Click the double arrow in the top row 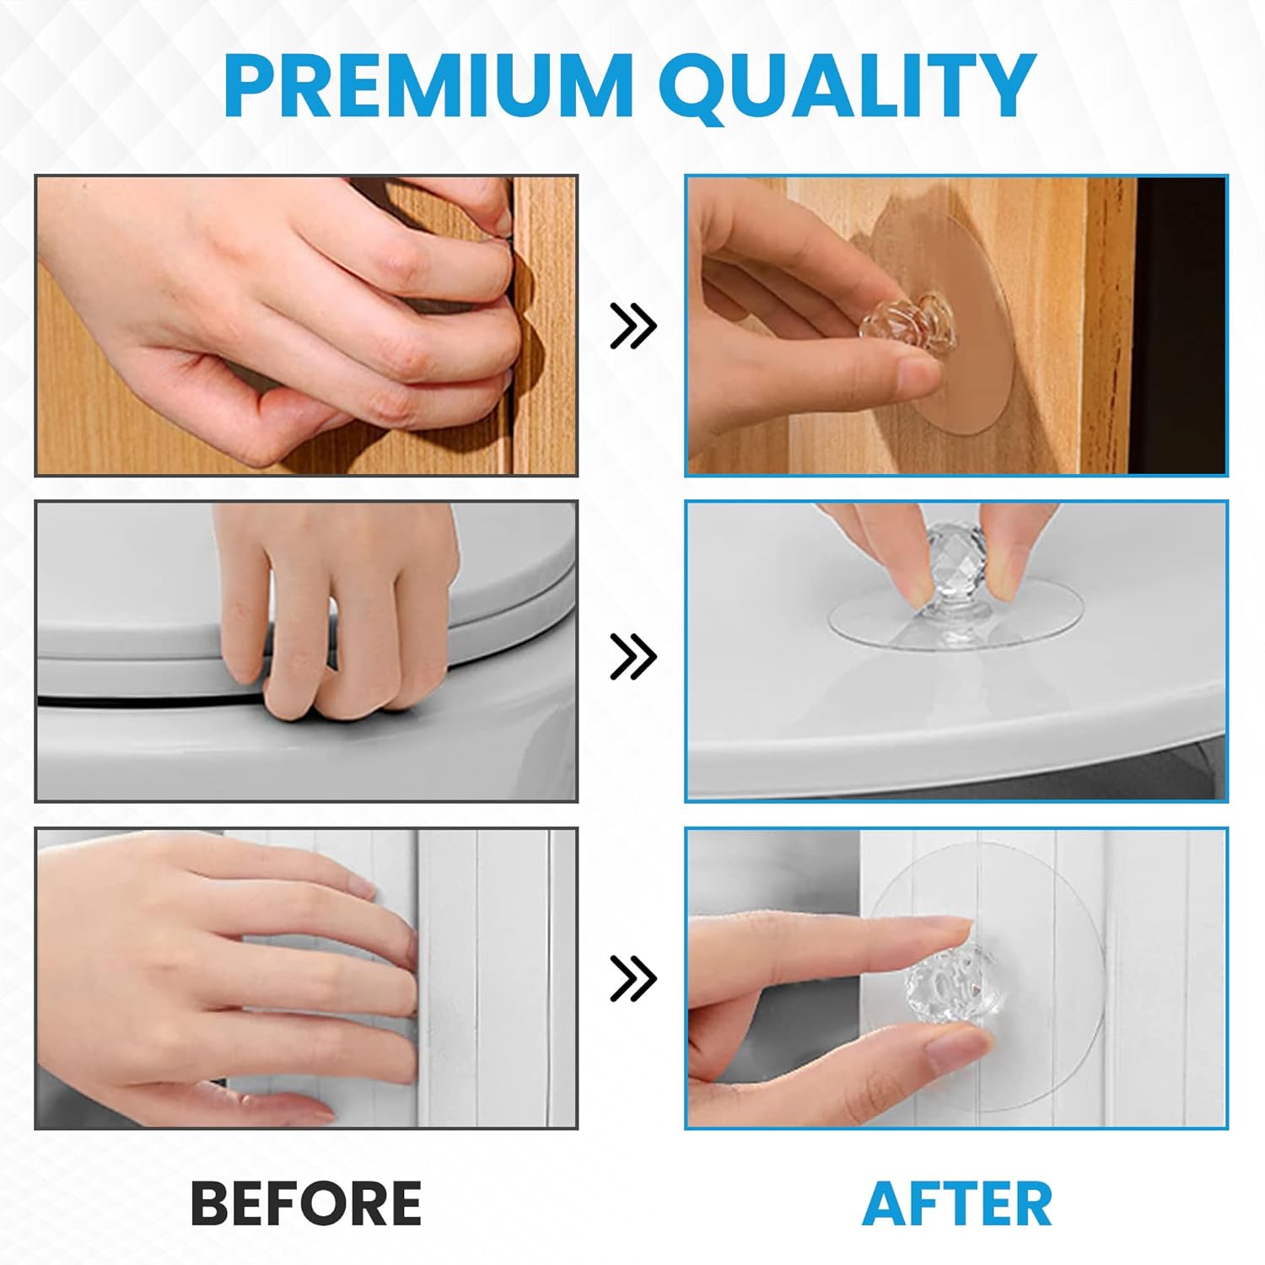tap(632, 326)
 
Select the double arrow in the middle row tap(632, 656)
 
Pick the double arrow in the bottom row tap(632, 978)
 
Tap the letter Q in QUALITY tap(700, 88)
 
